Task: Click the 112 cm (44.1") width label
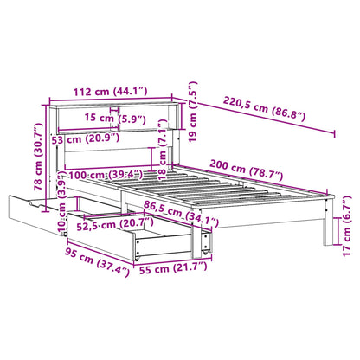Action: tap(111, 92)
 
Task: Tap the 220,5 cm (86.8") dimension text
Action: tap(264, 109)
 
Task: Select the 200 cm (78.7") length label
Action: tap(246, 170)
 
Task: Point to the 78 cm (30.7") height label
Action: tap(38, 157)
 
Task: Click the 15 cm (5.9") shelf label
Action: tap(115, 119)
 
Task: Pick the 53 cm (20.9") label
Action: tap(86, 139)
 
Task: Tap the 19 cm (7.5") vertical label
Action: tap(193, 112)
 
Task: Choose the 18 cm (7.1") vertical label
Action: tap(163, 150)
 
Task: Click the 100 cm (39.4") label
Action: tap(106, 175)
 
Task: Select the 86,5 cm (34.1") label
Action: tap(181, 214)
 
